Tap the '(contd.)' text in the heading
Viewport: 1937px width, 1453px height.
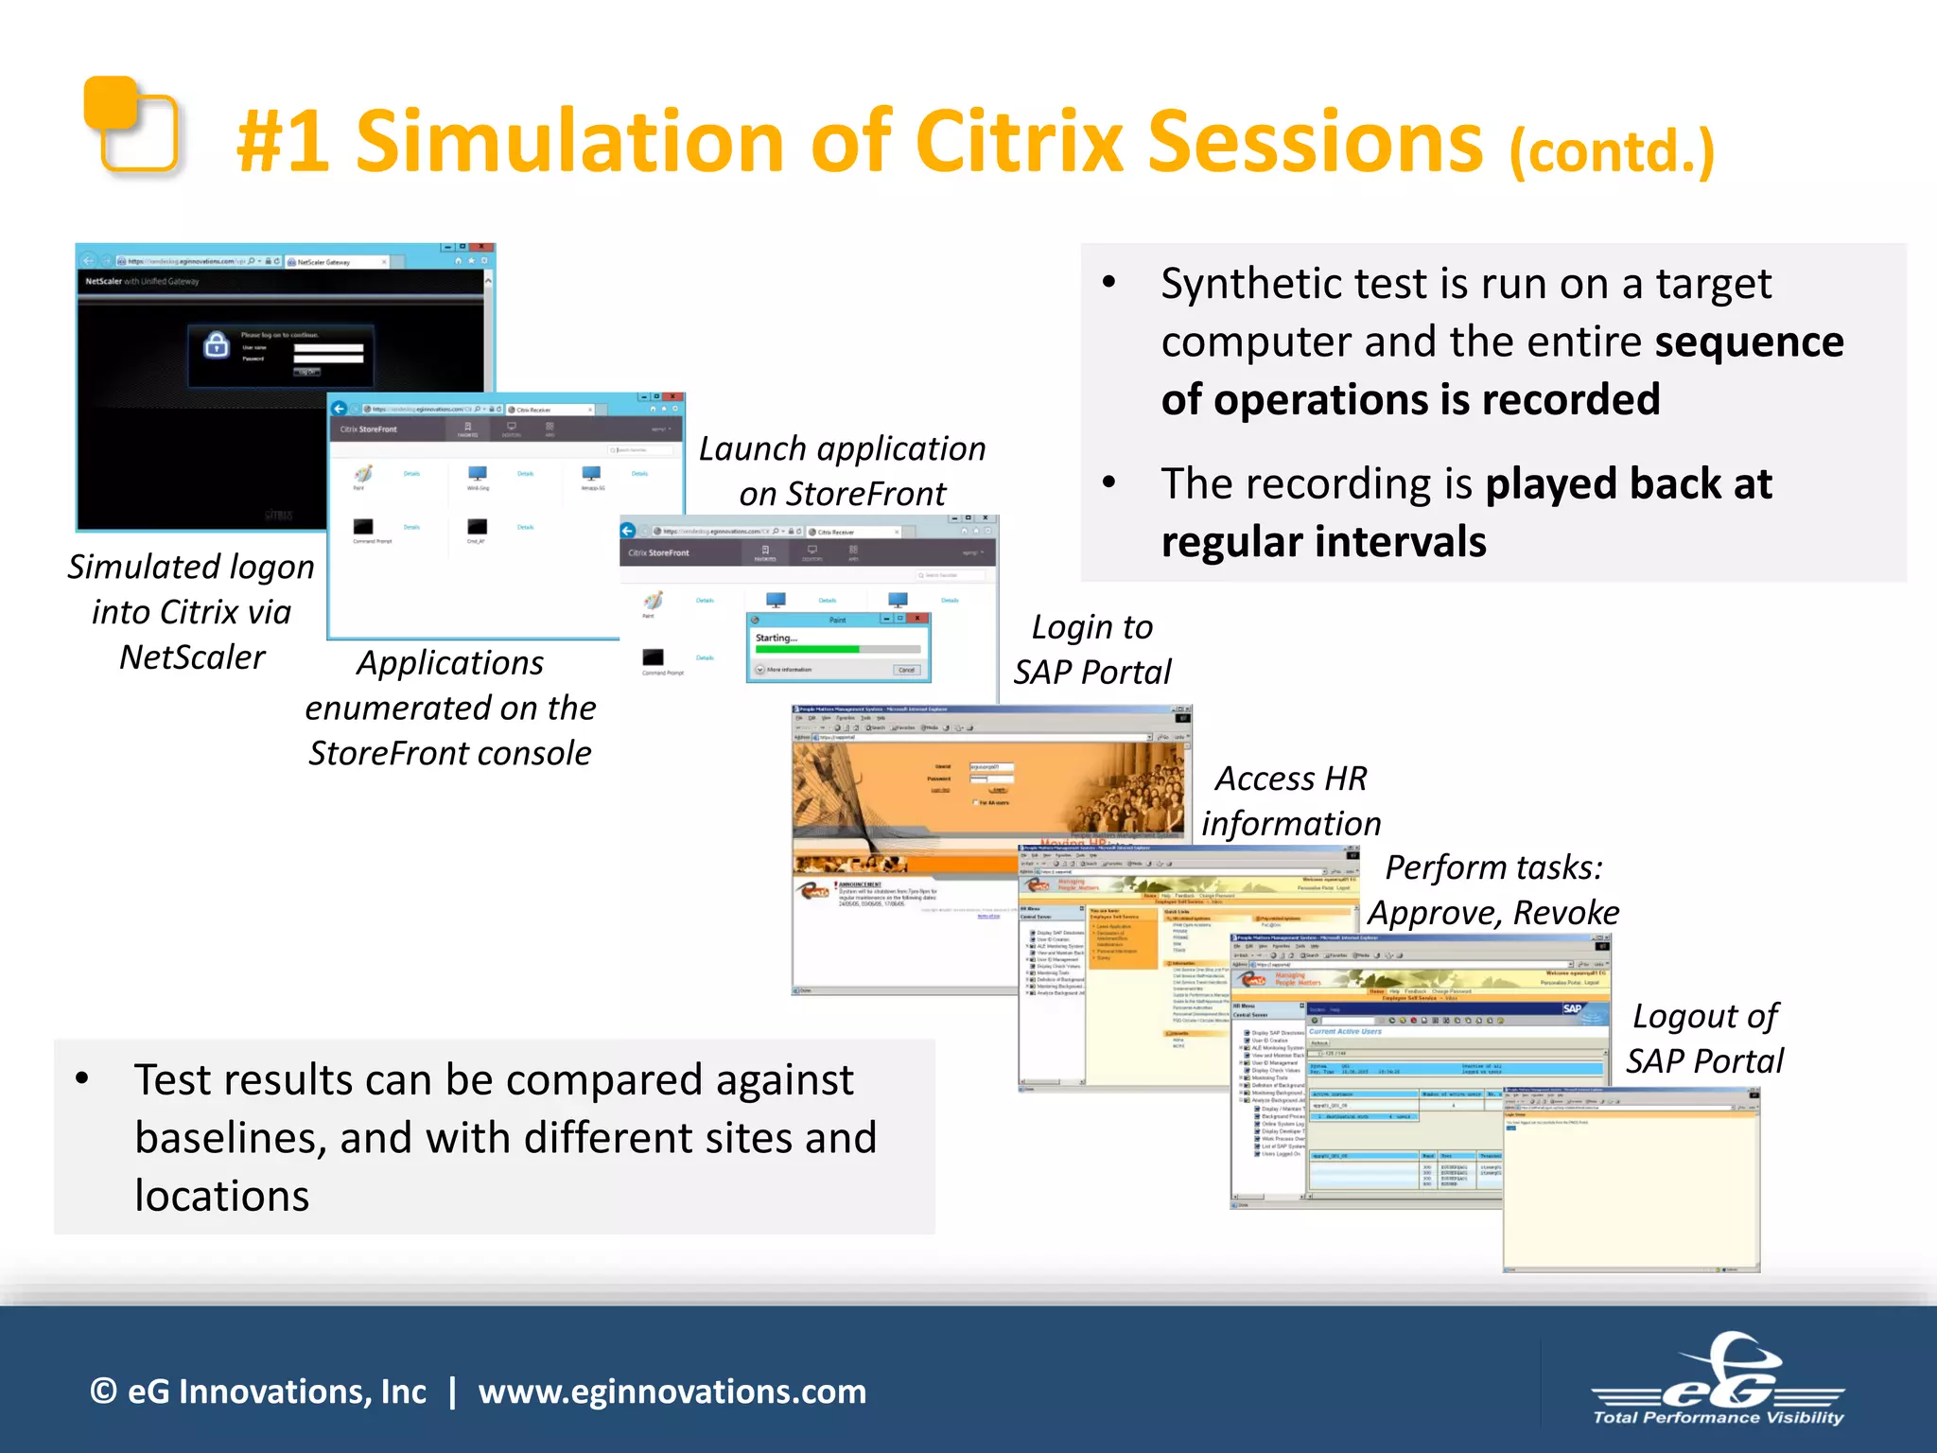1611,151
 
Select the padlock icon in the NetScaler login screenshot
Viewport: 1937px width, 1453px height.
217,345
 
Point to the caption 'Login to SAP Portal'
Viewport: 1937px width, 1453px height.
1091,650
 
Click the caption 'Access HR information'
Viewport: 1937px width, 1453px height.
1291,801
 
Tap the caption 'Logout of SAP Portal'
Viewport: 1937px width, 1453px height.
1704,1039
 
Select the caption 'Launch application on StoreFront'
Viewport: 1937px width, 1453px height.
842,471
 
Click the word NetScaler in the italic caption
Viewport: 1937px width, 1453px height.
192,657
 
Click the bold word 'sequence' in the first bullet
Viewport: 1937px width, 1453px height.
1749,341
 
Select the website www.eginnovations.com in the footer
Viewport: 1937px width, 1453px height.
672,1392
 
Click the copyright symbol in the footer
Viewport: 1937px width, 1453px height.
103,1392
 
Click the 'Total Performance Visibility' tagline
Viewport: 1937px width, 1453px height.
1718,1418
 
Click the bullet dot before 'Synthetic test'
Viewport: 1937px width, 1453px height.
1109,283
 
